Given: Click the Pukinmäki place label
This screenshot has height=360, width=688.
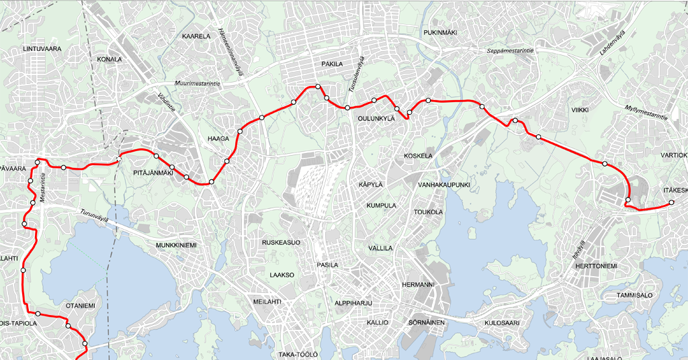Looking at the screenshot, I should [440, 32].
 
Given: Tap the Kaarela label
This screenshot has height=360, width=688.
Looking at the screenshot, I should [196, 36].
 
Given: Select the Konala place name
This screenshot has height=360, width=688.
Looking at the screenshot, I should [110, 59].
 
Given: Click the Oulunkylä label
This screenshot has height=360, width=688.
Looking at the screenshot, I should [374, 119].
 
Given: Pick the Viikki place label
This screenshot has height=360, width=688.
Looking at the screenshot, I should [580, 109].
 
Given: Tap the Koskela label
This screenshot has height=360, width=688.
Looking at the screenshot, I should [419, 156].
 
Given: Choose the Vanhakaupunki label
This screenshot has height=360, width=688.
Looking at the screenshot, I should [443, 184].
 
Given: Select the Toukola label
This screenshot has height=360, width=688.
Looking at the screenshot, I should [429, 212].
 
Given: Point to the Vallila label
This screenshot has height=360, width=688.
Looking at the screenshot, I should [381, 248].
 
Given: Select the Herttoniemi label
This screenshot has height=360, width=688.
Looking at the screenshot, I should [596, 267].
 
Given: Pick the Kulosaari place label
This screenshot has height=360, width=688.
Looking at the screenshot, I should [503, 323].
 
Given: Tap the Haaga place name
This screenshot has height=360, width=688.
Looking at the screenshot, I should [218, 139].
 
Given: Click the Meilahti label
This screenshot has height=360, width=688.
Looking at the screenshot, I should [268, 302].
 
